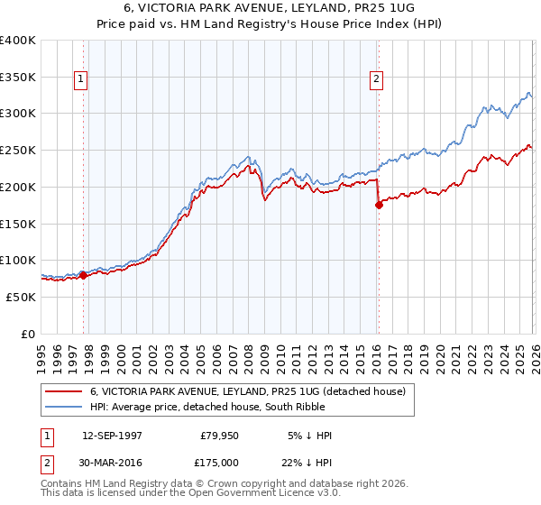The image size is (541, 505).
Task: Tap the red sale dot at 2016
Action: click(x=379, y=205)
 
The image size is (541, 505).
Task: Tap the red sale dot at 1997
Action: click(x=84, y=275)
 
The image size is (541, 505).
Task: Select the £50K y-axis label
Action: click(x=21, y=297)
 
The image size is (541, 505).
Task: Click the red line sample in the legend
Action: click(x=65, y=391)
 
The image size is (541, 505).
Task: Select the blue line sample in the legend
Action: click(x=65, y=407)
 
